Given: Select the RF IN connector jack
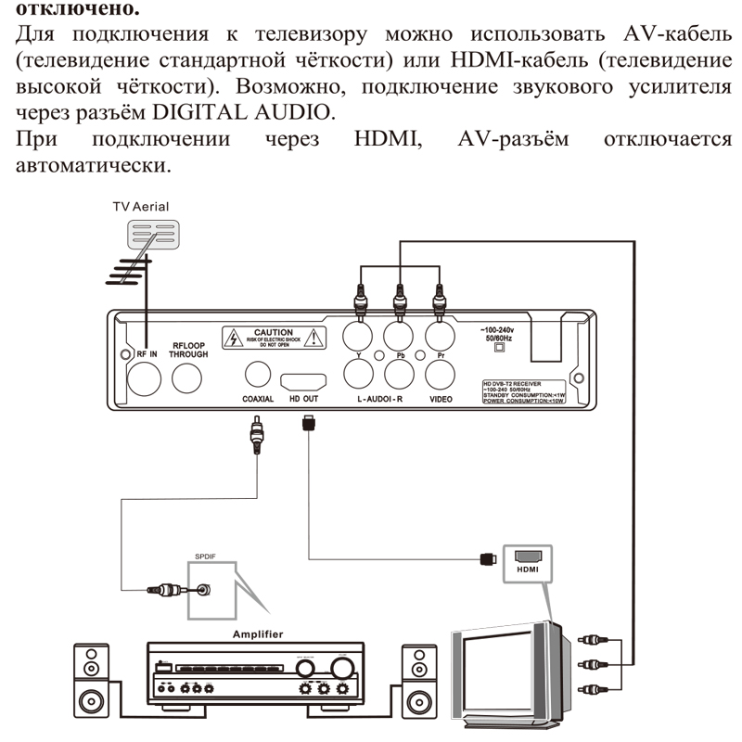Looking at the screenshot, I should click(146, 377).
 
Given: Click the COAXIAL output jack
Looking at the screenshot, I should click(257, 375).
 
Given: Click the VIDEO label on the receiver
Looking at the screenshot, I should click(441, 399).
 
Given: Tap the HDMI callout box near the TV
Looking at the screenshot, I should click(528, 562).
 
